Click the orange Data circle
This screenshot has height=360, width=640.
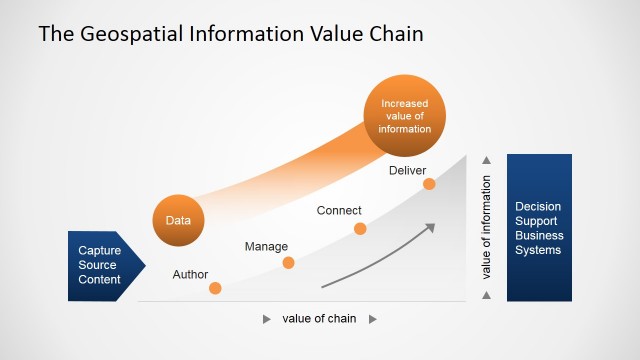[x=178, y=219]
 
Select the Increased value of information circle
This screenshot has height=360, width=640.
[x=405, y=115]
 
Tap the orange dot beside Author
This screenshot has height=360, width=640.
[x=215, y=288]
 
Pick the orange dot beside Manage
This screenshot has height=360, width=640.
[x=288, y=263]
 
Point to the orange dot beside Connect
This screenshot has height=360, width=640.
[x=360, y=229]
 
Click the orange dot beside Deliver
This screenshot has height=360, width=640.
[x=429, y=184]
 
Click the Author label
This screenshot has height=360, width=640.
[x=190, y=274]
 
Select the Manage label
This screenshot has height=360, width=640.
[x=266, y=246]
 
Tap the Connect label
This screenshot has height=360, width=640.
[x=339, y=211]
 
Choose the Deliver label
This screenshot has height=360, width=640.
[x=407, y=171]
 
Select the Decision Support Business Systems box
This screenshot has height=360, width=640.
[x=539, y=228]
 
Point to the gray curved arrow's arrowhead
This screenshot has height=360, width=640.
[x=431, y=227]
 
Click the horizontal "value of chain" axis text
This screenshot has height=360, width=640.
[x=319, y=319]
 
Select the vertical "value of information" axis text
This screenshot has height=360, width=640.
[x=486, y=227]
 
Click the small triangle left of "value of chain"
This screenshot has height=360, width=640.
[x=267, y=319]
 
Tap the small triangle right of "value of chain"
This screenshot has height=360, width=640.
[x=372, y=319]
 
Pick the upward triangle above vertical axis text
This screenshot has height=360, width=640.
[x=487, y=160]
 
